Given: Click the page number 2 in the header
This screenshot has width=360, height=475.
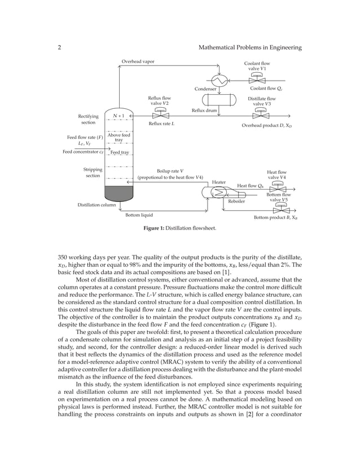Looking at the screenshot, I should (60, 48).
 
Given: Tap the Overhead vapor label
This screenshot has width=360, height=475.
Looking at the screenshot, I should (138, 61).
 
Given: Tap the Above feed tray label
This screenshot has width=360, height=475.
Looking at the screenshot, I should (119, 137).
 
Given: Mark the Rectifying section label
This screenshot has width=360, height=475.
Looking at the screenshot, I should (88, 118).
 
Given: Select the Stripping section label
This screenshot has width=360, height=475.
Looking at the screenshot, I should (93, 172).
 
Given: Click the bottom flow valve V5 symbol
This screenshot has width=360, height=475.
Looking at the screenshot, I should (278, 207).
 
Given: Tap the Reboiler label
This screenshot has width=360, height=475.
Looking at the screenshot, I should (236, 201).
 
